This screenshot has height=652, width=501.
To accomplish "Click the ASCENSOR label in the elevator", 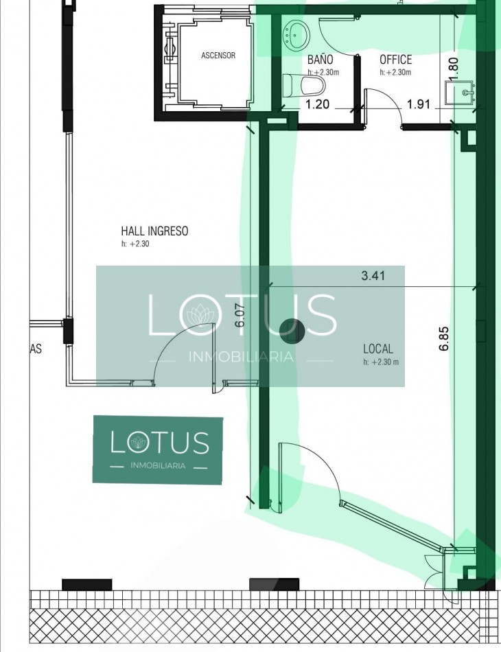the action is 218,56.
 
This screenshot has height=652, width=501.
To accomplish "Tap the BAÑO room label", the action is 320,60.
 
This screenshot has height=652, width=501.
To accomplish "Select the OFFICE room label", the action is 395,60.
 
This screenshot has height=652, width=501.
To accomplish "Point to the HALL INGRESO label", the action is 154,231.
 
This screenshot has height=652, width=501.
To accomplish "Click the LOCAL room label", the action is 378,349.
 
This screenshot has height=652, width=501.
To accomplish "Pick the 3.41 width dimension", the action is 373,275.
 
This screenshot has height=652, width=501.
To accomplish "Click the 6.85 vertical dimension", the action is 443,338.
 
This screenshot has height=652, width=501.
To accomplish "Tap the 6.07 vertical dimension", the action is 240,316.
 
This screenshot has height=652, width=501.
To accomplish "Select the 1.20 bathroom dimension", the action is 317,104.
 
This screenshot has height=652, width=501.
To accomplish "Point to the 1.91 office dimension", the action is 418,104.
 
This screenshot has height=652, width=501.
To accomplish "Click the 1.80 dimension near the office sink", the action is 454,69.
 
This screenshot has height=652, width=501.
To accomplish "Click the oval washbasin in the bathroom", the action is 296,35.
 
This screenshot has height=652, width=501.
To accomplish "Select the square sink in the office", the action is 460,93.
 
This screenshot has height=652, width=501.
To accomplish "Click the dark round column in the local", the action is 292,331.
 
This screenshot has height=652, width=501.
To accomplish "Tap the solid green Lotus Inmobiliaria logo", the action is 158,450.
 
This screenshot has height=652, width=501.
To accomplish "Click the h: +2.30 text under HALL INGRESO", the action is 135,244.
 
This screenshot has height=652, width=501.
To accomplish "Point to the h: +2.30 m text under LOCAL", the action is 381,362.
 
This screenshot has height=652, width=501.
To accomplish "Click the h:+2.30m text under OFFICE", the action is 395,72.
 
